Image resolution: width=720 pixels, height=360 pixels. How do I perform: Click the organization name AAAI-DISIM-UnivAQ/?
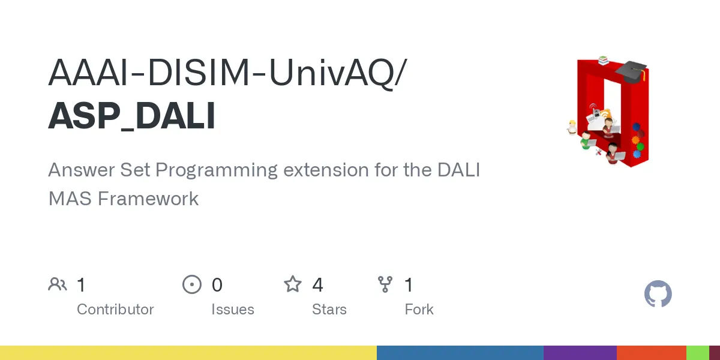pyautogui.click(x=227, y=73)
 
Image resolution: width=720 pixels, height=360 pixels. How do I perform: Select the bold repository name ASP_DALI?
pyautogui.click(x=131, y=116)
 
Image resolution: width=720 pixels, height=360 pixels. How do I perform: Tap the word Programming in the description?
pyautogui.click(x=217, y=170)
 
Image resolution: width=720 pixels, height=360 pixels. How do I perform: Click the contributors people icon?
pyautogui.click(x=58, y=284)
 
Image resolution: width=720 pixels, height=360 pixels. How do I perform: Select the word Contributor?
pyautogui.click(x=115, y=310)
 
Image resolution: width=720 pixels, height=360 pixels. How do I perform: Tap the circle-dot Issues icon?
pyautogui.click(x=192, y=284)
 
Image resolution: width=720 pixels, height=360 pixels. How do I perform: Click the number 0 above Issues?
pyautogui.click(x=217, y=284)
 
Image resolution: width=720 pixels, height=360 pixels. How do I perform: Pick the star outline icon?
pyautogui.click(x=293, y=284)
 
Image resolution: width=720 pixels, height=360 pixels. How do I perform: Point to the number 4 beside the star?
pyautogui.click(x=318, y=284)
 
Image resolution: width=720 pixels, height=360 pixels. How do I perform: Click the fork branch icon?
pyautogui.click(x=385, y=284)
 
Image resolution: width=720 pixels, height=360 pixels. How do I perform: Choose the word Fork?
pyautogui.click(x=419, y=310)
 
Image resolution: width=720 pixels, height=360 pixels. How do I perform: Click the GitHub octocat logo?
pyautogui.click(x=658, y=295)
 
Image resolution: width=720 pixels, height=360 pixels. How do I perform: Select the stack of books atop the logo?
pyautogui.click(x=603, y=60)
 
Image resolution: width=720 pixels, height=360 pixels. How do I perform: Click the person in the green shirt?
pyautogui.click(x=586, y=140)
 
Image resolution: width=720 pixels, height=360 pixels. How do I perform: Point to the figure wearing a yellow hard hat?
pyautogui.click(x=572, y=127)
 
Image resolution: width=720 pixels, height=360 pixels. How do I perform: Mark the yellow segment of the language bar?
pyautogui.click(x=188, y=353)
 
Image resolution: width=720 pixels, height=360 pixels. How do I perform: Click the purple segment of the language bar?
pyautogui.click(x=580, y=353)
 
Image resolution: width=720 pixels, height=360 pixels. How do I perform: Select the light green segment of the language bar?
pyautogui.click(x=697, y=353)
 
